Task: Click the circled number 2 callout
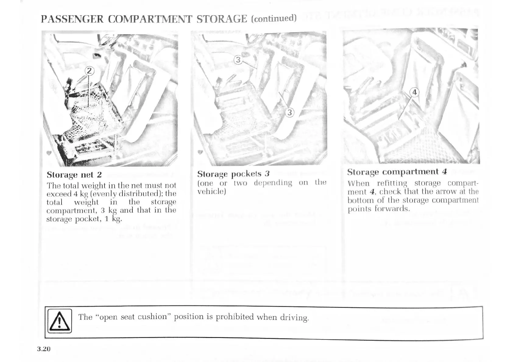pos(89,71)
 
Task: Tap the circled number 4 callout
pos(414,92)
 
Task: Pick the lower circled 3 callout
pos(289,113)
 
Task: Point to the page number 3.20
pos(44,349)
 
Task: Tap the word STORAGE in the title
pos(222,19)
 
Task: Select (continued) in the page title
pos(274,18)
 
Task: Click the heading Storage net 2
pos(74,175)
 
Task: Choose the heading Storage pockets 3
pos(233,174)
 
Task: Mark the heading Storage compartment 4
pos(397,172)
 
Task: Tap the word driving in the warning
pos(294,318)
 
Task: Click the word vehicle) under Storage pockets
pos(211,191)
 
